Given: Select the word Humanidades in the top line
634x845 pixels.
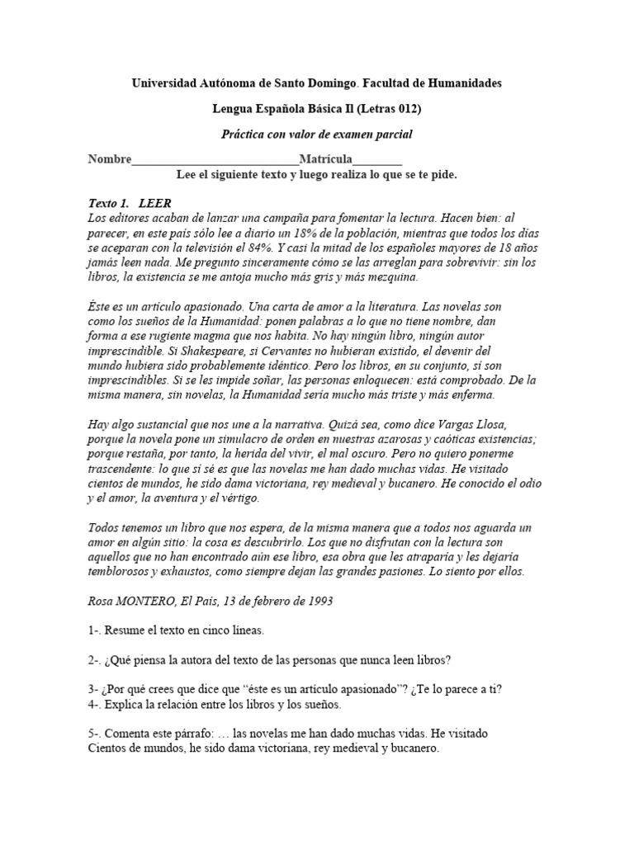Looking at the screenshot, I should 465,83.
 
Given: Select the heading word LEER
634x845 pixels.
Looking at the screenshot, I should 155,204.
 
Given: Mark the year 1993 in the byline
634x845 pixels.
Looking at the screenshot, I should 318,602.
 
